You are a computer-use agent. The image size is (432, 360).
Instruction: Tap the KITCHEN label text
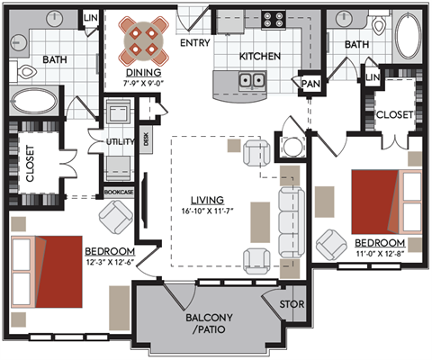260,57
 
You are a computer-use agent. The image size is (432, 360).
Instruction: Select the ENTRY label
195,42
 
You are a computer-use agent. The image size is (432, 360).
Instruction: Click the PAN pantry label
311,84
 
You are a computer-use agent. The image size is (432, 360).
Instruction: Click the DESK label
147,139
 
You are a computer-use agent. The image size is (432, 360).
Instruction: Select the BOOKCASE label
119,193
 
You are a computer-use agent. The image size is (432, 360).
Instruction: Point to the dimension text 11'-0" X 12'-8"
379,255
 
